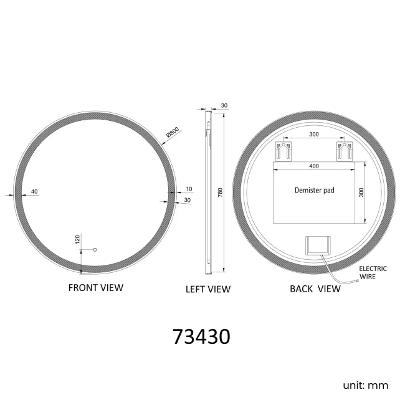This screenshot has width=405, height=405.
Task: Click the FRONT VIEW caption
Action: (95, 287)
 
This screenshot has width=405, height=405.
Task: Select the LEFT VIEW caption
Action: (208, 289)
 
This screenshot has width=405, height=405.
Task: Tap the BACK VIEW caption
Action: (315, 288)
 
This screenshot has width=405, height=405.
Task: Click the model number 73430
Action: (201, 336)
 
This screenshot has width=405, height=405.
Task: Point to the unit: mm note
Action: (365, 385)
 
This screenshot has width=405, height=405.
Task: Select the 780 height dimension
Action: (219, 194)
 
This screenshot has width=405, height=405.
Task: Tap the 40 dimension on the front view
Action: (34, 191)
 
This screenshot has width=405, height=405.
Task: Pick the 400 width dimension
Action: (314, 166)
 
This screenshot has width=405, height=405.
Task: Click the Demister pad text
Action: (314, 190)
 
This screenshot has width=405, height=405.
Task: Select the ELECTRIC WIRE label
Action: (373, 272)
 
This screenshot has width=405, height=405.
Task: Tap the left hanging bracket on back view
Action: (283, 151)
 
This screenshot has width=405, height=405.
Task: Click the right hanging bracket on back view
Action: (345, 151)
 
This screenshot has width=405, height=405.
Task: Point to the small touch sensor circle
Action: (95, 249)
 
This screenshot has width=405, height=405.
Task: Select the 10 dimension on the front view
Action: (189, 188)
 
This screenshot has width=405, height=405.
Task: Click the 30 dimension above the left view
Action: (224, 106)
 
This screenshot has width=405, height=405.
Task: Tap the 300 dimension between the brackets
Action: (314, 135)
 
